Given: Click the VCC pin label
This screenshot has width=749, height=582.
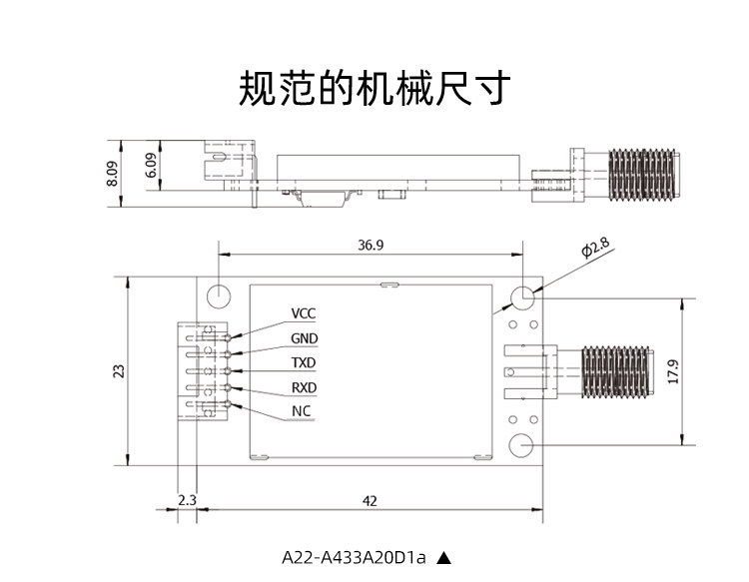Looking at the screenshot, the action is pos(304,313).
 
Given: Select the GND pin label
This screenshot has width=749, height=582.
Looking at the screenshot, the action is pos(305,338).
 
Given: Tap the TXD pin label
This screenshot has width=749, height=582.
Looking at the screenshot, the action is pos(304,362).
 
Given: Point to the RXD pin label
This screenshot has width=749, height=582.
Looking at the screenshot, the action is pos(305,387).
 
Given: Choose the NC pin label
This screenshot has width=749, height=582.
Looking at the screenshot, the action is pos(301,411).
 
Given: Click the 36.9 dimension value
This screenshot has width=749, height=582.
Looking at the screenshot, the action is pos(371,245).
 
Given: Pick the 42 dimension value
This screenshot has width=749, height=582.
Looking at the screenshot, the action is pos(370,501).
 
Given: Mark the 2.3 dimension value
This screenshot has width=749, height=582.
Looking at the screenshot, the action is pos(188,500).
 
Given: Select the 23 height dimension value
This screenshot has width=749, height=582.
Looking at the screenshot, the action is pos(119,371).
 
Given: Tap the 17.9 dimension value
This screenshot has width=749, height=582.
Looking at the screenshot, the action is pos(673,372).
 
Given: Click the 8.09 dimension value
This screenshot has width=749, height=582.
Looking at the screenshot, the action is pos(112,174).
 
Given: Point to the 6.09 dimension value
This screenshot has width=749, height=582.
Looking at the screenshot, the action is pos(151,165).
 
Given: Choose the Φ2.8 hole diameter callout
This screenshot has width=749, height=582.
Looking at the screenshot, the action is pos(595,247).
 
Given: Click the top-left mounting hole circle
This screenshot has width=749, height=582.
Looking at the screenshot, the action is pos(219,296).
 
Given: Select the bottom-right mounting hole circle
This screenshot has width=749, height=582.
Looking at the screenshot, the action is pos(521,445).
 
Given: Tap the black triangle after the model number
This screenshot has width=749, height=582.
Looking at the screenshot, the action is pos(443,558).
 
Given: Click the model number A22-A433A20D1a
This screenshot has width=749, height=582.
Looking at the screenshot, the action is pos(354,557).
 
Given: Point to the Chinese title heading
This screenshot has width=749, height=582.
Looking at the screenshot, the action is pos(374,88).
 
